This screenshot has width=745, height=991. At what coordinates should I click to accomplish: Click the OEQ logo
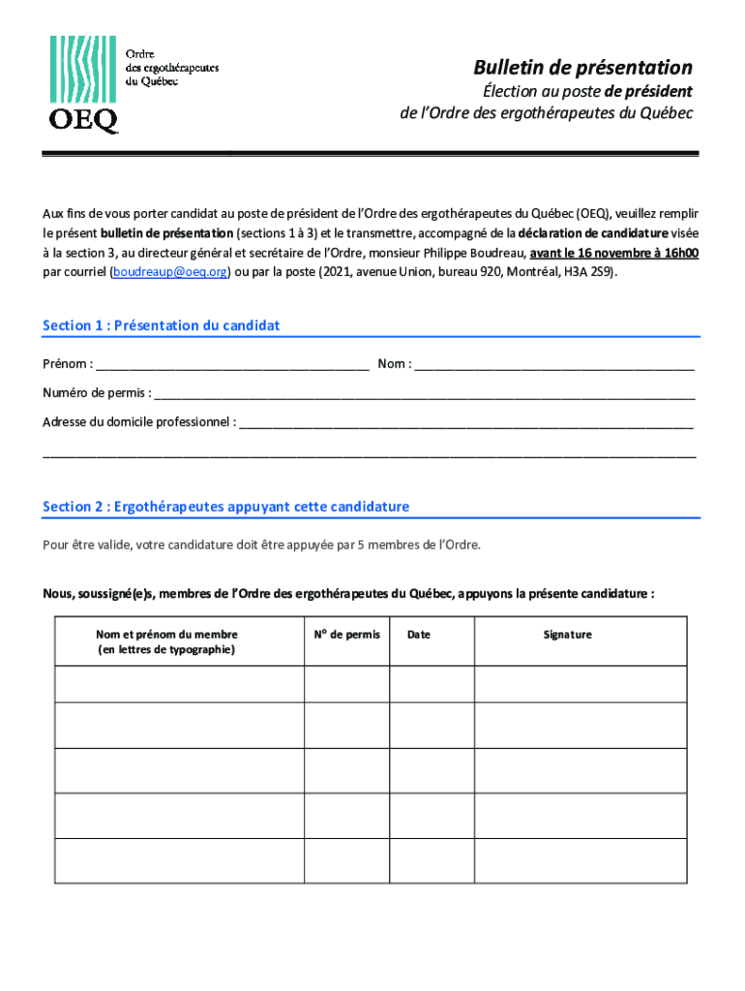click(x=84, y=84)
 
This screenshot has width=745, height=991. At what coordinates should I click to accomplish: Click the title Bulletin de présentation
click(x=582, y=68)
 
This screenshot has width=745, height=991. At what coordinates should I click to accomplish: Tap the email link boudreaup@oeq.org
click(x=170, y=272)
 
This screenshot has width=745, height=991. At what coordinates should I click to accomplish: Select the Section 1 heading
click(x=162, y=325)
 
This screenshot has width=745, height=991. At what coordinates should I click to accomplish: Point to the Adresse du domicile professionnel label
click(x=137, y=422)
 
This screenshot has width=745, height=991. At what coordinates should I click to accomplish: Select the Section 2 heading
click(x=226, y=506)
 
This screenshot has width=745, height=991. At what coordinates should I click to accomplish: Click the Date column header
click(x=419, y=635)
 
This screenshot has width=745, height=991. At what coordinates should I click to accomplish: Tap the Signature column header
click(x=568, y=635)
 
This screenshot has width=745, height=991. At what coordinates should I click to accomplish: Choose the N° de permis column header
click(x=347, y=635)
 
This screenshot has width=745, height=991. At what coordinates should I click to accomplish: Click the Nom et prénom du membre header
click(x=166, y=642)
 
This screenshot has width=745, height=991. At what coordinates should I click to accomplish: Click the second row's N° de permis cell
click(x=347, y=725)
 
